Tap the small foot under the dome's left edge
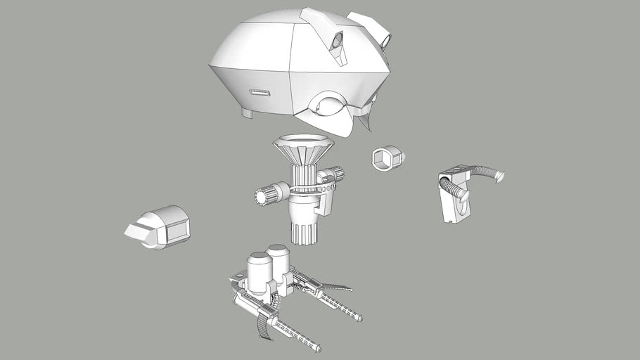248,112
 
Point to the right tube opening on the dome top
386,41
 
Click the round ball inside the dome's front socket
325,107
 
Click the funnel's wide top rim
303,139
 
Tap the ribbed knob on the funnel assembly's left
266,196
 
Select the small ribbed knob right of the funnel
335,173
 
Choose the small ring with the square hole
386,158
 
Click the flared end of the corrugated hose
499,176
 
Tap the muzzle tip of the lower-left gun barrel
318,348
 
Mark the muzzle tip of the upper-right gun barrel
359,319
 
